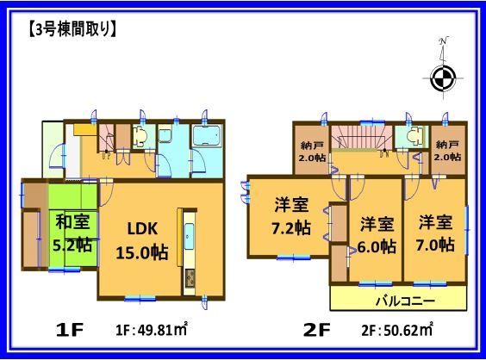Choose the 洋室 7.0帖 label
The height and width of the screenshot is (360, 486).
tap(433, 233)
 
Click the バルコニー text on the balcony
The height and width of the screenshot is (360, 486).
tap(397, 301)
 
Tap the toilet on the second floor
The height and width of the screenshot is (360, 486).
tap(412, 139)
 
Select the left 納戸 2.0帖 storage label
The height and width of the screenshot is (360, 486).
tap(313, 151)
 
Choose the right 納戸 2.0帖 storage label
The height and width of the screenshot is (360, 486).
tap(446, 151)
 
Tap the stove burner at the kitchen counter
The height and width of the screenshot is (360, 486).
tap(190, 278)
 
